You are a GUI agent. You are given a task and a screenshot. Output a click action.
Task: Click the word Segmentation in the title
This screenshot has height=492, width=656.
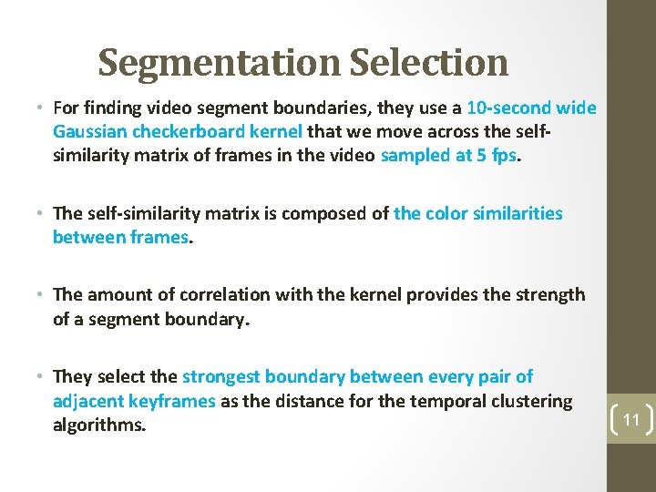tap(219, 63)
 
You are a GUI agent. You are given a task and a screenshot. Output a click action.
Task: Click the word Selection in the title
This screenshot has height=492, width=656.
tap(428, 63)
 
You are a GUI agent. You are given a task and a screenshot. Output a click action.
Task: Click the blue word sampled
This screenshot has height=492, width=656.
tap(415, 155)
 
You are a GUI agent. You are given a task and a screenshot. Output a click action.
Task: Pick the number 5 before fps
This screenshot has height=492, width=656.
tap(480, 155)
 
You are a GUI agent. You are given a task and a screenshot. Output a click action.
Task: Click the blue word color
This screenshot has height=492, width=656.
tap(449, 214)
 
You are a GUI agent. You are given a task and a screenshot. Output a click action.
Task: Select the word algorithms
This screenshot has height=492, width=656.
tap(98, 425)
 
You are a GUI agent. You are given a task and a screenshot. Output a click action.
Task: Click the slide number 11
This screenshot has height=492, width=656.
tap(631, 420)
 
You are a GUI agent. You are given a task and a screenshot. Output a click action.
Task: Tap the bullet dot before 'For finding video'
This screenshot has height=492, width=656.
tap(42, 109)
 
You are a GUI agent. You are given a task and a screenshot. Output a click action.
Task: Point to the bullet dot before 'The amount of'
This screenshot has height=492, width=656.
tap(42, 295)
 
